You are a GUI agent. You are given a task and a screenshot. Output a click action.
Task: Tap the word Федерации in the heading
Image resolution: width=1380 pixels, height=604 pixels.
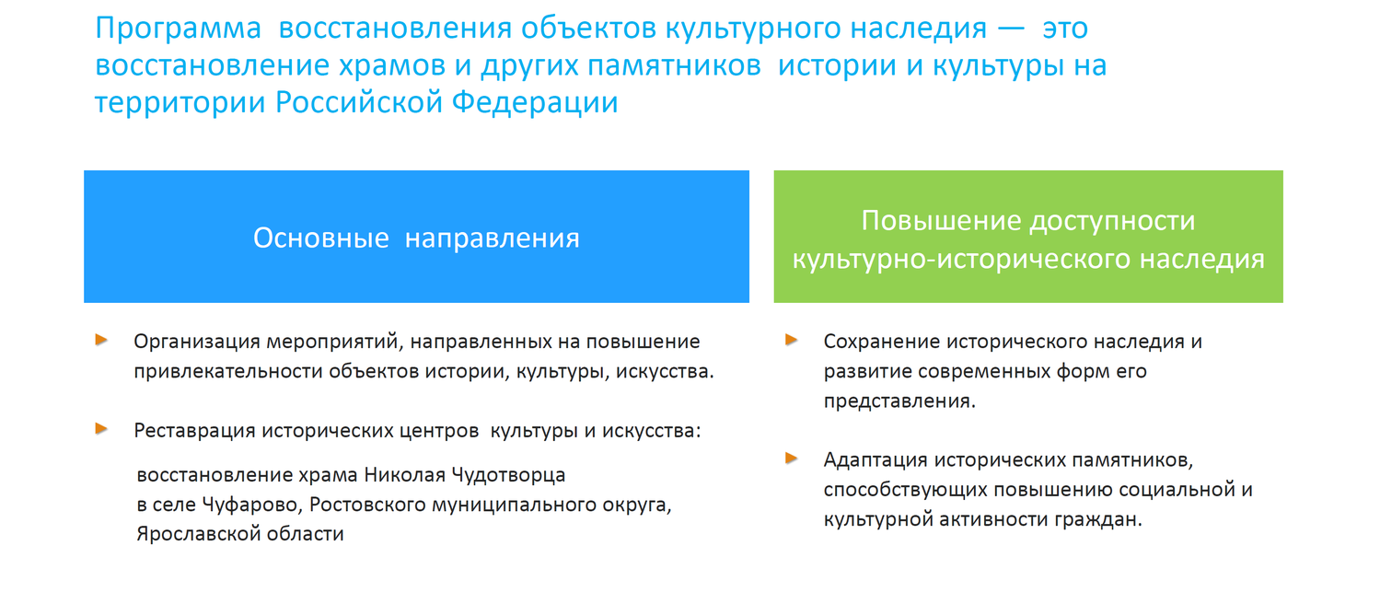coord(535,103)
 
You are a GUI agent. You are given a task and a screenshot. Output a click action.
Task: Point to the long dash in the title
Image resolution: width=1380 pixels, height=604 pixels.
coord(1011,29)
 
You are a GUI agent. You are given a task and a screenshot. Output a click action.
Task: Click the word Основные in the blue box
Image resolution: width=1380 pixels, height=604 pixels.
coord(321,238)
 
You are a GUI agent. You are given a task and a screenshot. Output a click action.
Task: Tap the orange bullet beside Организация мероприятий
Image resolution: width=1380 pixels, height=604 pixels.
coord(101,340)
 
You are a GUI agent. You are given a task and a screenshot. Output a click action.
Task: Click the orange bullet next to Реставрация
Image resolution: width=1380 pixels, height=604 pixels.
coord(101,428)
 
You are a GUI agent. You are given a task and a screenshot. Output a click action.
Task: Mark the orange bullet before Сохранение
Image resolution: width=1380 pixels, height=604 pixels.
coord(792,340)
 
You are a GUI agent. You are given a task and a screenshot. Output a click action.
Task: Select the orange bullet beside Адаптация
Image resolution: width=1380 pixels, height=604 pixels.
coord(792,458)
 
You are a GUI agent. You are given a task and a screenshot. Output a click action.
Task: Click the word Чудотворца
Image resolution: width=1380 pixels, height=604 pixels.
coord(508,475)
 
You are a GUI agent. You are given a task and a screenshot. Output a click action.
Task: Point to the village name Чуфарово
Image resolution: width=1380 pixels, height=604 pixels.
coord(252,505)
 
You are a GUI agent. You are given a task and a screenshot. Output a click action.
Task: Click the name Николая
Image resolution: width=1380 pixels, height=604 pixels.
coord(405,475)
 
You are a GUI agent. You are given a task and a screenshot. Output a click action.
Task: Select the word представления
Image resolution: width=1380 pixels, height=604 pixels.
coord(899,401)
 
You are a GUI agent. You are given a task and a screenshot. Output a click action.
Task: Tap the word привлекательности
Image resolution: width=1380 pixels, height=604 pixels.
coord(228,372)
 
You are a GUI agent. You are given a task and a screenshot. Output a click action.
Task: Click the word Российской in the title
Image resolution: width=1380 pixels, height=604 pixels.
coord(359,103)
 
